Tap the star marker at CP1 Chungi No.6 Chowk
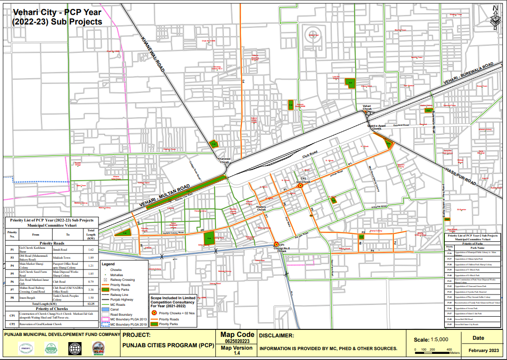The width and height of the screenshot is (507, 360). point(276,244)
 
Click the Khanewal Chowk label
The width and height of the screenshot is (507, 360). point(224,160)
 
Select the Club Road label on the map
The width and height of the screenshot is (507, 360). point(311,154)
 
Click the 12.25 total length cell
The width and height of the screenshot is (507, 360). point(91,304)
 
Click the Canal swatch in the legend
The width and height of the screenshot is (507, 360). point(106,309)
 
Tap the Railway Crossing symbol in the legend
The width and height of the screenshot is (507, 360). point(106,280)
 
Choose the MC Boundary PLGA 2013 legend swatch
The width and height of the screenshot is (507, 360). point(106,319)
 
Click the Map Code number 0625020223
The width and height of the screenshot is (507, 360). point(237,341)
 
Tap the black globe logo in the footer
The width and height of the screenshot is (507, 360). point(74,349)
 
